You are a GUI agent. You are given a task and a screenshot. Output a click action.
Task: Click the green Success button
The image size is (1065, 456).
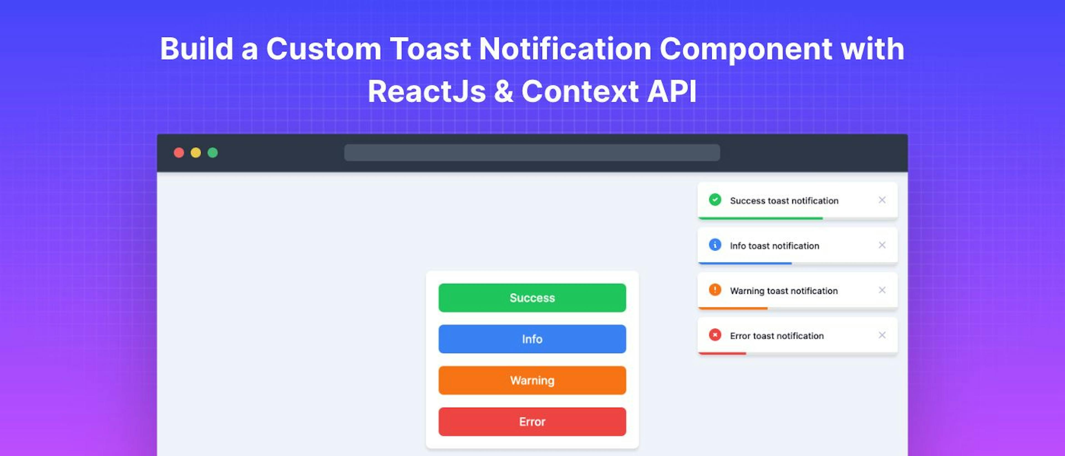coord(532,298)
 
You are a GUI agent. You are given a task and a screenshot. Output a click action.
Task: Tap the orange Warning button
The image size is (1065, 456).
coord(532,380)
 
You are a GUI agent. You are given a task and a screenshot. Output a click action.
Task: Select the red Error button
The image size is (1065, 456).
coord(532,422)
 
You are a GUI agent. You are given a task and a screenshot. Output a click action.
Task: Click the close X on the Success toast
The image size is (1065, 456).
coord(882,200)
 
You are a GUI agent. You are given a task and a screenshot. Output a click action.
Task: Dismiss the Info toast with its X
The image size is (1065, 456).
coord(882,245)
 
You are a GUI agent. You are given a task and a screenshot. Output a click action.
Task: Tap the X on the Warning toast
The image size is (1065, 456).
coord(882,290)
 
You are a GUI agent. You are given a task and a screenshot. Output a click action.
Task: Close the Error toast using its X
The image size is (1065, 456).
coord(882,335)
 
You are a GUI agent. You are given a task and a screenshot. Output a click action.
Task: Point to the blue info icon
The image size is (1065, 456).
coord(715,245)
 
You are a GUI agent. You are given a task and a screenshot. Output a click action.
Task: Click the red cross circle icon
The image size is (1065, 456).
coord(715,335)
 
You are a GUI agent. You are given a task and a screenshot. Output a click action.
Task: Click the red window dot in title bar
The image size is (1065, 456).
coord(179,153)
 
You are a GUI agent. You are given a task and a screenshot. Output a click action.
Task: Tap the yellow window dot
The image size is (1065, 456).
coord(196,153)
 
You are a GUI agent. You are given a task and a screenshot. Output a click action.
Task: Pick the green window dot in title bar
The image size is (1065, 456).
coord(212,153)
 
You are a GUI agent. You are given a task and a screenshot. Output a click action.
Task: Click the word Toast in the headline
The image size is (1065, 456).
coord(430,49)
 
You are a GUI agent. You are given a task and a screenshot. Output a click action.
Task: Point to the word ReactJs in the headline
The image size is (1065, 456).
coord(427,92)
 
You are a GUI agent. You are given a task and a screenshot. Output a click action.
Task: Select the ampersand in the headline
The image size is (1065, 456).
coord(503,92)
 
